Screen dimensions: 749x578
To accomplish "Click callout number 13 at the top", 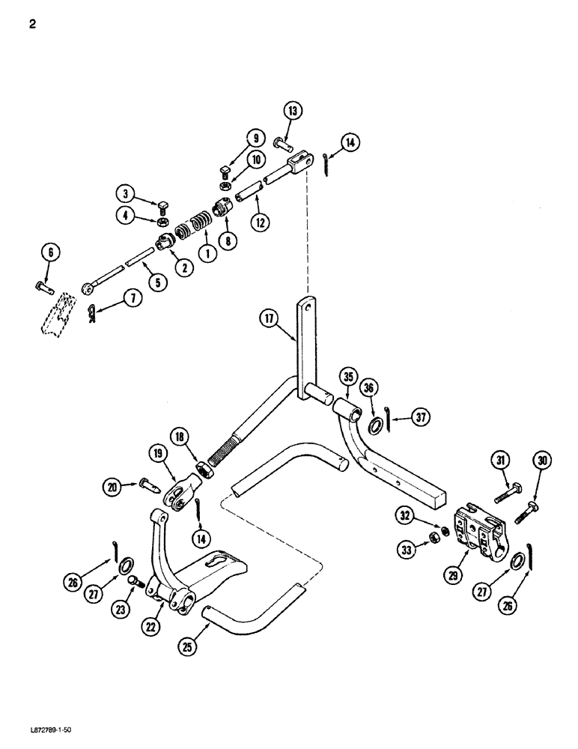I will pyautogui.click(x=293, y=112).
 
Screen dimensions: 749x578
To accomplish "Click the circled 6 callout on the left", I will pyautogui.click(x=51, y=253).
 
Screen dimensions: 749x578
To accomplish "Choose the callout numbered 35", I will pyautogui.click(x=347, y=376).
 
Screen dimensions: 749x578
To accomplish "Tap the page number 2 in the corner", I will pyautogui.click(x=32, y=22).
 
